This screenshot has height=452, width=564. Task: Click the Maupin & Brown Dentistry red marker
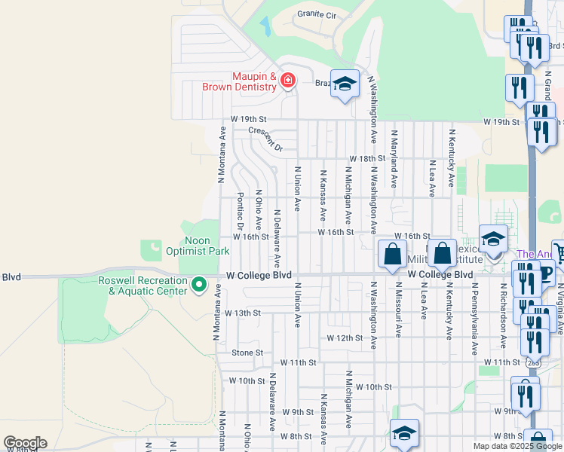click(x=287, y=81)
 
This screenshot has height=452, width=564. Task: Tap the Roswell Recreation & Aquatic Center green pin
click(x=199, y=285)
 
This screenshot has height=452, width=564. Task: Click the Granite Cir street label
click(x=317, y=14)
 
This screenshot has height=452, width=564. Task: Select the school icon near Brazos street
click(x=345, y=85)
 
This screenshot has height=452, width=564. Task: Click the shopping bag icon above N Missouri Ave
click(x=392, y=255)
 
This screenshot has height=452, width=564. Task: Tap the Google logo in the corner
click(x=25, y=443)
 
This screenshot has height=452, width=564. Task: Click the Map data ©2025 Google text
click(x=518, y=446)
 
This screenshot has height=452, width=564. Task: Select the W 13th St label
click(x=242, y=312)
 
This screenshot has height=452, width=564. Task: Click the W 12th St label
click(x=345, y=338)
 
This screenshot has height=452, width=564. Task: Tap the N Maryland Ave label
click(x=394, y=158)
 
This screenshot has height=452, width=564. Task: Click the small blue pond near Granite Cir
click(x=266, y=26)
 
